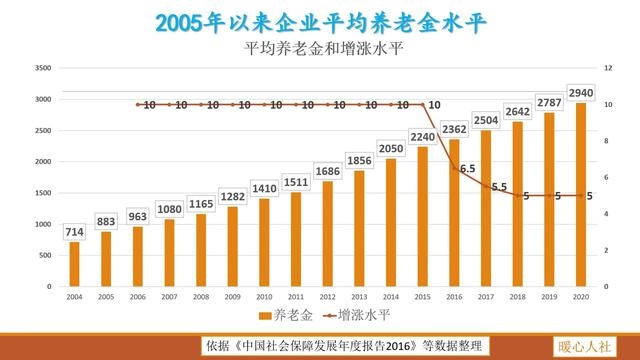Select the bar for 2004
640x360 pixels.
tap(74, 264)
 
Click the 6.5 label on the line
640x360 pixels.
tap(467, 168)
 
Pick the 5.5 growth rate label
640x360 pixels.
tap(499, 186)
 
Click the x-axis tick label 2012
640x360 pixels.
tap(327, 297)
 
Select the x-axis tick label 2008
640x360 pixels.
tap(200, 297)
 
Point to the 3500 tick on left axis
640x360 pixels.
tap(43, 68)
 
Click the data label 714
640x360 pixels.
tap(74, 232)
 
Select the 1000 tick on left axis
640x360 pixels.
tap(43, 224)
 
